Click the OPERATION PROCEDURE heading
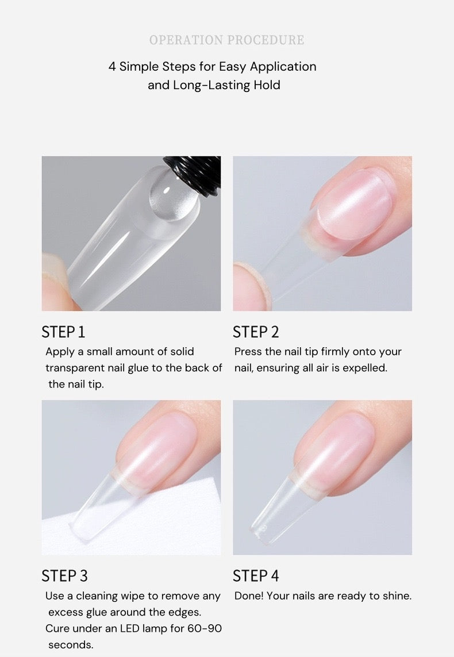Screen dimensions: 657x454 pyautogui.click(x=226, y=40)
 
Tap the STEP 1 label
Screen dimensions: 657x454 pyautogui.click(x=63, y=332)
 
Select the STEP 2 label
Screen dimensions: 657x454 pyautogui.click(x=256, y=332)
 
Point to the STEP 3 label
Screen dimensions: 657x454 pyautogui.click(x=64, y=576)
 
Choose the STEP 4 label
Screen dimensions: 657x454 pyautogui.click(x=256, y=576)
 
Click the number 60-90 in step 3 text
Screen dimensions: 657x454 pyautogui.click(x=204, y=629)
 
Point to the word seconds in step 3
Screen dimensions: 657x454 pyautogui.click(x=71, y=645)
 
